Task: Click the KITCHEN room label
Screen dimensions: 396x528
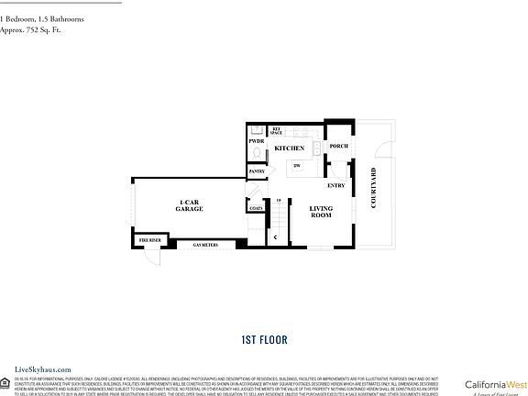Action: tap(289, 148)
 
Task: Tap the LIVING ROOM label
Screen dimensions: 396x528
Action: tap(320, 212)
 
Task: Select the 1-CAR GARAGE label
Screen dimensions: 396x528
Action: tap(190, 206)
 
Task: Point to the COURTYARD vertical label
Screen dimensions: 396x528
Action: tap(374, 188)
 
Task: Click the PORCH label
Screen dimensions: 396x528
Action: tap(338, 147)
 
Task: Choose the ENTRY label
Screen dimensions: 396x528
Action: tap(335, 186)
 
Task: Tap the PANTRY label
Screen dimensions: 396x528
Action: tap(257, 171)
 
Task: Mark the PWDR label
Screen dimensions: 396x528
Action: tap(256, 142)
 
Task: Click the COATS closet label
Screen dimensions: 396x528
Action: tap(256, 208)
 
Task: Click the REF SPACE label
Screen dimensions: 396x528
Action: tap(276, 131)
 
